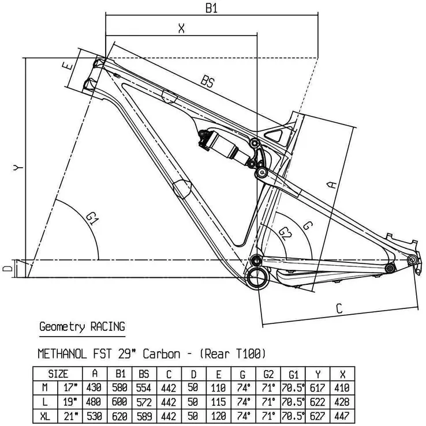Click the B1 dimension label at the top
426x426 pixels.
212,8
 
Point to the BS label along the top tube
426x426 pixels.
207,82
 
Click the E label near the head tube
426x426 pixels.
68,66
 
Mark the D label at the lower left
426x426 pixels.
7,269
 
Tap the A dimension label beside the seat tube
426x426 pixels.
331,184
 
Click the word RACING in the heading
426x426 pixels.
107,327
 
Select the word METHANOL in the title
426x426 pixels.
63,353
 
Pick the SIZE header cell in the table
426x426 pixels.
58,374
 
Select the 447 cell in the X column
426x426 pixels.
342,414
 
